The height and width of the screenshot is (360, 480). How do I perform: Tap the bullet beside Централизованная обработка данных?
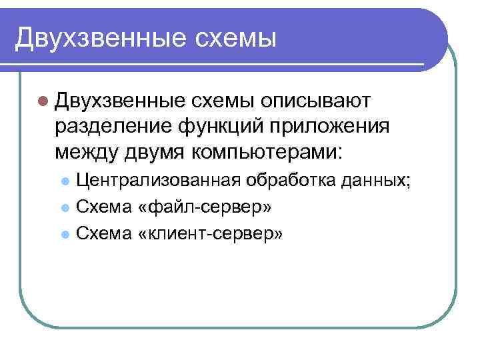pyautogui.click(x=65, y=181)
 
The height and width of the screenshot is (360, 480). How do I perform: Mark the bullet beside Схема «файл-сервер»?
pyautogui.click(x=65, y=208)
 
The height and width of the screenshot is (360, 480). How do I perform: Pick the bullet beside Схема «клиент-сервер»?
pyautogui.click(x=65, y=235)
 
